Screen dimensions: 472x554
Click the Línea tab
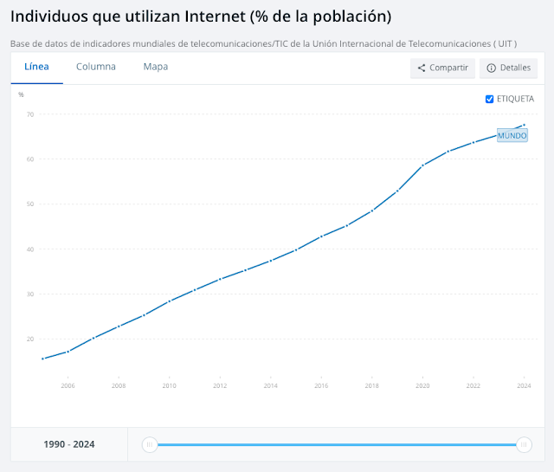click(x=36, y=67)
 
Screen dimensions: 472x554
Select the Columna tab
click(x=95, y=67)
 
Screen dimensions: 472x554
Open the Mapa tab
click(x=156, y=67)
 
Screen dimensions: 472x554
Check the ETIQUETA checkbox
click(x=490, y=99)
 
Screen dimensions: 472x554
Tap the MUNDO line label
click(x=512, y=135)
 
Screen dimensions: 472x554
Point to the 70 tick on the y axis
click(x=29, y=114)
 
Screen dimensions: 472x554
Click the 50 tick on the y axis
click(x=29, y=204)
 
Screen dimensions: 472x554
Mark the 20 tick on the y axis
click(x=29, y=339)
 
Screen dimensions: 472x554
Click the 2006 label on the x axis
click(x=68, y=385)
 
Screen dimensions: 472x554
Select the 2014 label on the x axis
click(x=271, y=385)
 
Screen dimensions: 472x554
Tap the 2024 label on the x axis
click(x=523, y=385)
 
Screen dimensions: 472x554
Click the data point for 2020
click(x=423, y=165)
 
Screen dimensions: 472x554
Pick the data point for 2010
click(x=170, y=301)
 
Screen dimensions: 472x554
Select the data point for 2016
click(x=321, y=236)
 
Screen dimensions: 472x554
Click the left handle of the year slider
click(x=150, y=444)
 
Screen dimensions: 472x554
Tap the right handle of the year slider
click(x=523, y=444)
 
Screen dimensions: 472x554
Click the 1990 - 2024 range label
click(x=69, y=444)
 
